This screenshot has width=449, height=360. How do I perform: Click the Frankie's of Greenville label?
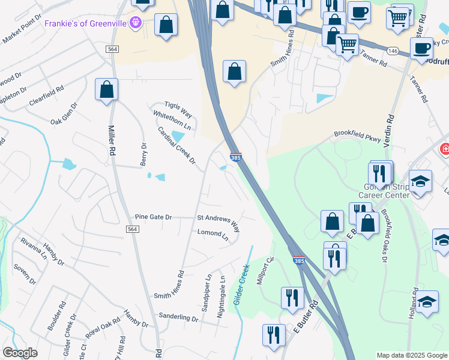87,23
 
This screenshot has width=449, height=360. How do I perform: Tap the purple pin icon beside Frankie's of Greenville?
137,23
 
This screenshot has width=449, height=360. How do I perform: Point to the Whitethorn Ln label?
172,121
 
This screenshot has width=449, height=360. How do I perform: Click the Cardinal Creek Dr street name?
177,145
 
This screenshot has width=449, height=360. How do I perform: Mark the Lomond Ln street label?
213,235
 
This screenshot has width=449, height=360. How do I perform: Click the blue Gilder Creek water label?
241,285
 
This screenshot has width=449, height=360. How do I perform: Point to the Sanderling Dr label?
178,317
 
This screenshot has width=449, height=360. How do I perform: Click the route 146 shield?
393,52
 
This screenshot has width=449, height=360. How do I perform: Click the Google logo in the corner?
20,353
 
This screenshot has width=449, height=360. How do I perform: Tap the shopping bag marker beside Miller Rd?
107,89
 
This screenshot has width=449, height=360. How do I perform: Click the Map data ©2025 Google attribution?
411,355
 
